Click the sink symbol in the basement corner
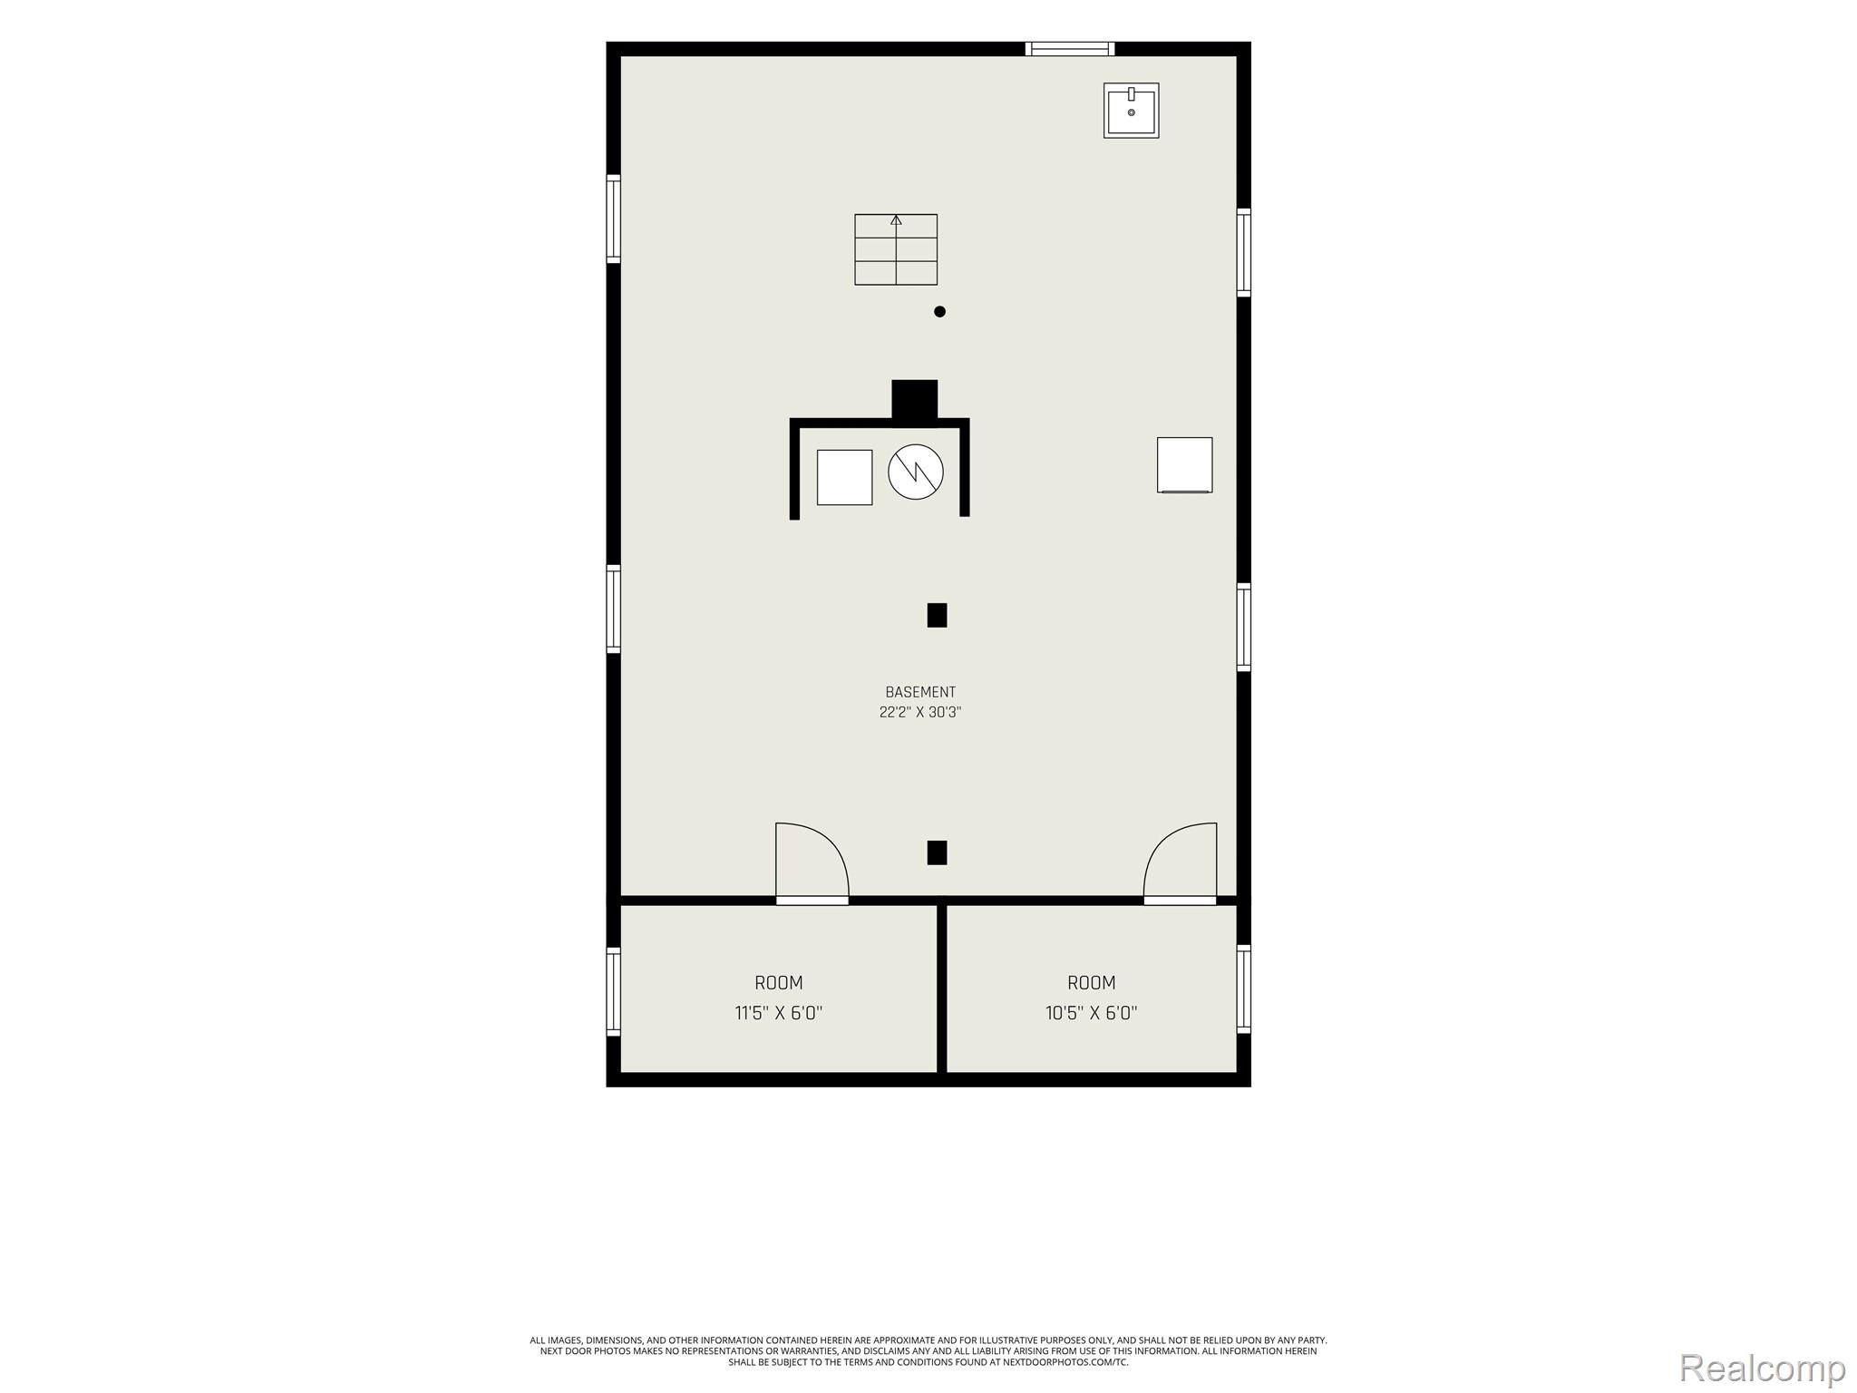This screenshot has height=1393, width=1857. [1131, 111]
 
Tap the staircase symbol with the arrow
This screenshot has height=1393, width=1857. [896, 249]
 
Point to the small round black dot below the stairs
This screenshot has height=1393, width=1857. [939, 311]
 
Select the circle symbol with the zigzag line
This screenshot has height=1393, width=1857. [916, 472]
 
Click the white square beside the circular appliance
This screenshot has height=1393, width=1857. [844, 477]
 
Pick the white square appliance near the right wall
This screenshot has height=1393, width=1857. [1184, 465]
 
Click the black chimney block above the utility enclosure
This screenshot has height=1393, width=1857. [915, 400]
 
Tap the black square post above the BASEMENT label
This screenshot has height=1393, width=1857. [937, 615]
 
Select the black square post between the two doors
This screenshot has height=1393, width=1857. [937, 852]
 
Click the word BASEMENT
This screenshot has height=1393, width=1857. [920, 692]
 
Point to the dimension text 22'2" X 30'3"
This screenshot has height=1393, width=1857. [920, 712]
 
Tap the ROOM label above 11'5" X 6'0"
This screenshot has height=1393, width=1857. [779, 982]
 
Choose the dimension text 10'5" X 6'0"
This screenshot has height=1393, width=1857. [1092, 1012]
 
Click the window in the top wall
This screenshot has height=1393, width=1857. [1070, 49]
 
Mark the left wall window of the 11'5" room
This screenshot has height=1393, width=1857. [614, 991]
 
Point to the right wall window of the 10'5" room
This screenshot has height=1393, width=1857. [1244, 989]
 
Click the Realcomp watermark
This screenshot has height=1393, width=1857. [1763, 1368]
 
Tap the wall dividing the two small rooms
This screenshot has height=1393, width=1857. [942, 989]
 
